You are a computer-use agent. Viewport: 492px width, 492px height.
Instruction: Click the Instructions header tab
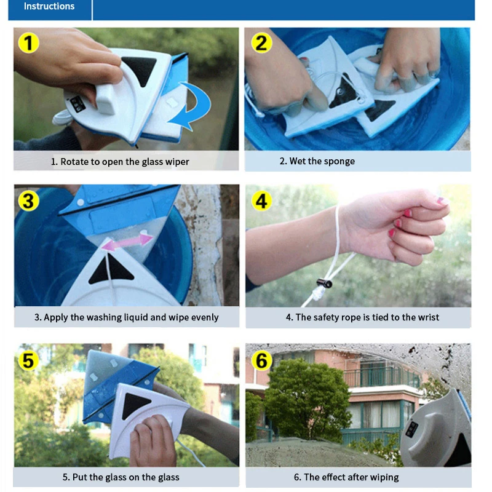[x=49, y=7]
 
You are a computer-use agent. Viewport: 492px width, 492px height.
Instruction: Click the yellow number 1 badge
[x=28, y=43]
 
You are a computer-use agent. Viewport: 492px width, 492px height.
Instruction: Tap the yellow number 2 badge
[x=262, y=43]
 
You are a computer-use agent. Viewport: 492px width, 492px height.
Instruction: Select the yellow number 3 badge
[x=28, y=201]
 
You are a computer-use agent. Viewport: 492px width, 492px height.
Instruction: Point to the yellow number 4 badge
[x=262, y=201]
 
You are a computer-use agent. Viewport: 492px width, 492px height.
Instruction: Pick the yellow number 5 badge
[x=28, y=359]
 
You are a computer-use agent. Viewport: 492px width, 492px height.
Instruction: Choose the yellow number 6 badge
[x=262, y=360]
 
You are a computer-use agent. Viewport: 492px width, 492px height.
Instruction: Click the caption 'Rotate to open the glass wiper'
[x=120, y=162]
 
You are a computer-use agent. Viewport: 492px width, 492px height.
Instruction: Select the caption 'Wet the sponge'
[x=317, y=161]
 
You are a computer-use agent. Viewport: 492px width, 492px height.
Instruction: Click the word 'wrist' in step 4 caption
[x=427, y=317]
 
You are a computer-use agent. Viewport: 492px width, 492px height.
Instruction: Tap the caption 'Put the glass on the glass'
[x=121, y=477]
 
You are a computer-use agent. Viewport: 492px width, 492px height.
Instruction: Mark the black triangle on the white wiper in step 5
[x=136, y=406]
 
